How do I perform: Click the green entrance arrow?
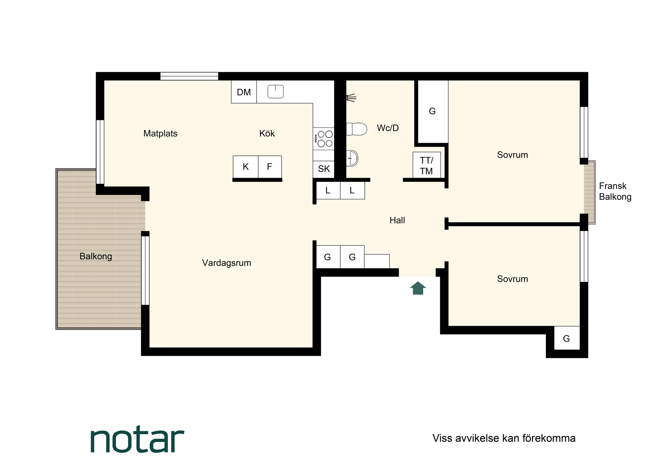pos(418,288)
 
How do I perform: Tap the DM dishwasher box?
pos(244,92)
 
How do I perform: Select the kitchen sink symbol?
pos(276,91)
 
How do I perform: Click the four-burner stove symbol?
pos(324,139)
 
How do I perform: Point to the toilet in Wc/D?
pos(356,129)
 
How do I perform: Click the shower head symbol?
pos(351,98)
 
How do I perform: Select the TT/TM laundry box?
pos(427,165)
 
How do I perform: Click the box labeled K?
pos(246,167)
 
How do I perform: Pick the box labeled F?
pos(270,167)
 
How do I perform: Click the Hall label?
pos(397,220)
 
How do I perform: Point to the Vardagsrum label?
pos(227,263)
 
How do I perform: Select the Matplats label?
pos(160,134)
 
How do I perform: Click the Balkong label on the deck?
pos(96,256)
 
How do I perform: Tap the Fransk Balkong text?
pos(615,191)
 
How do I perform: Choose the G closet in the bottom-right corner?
pos(567,338)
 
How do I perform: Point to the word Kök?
pos(267,133)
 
